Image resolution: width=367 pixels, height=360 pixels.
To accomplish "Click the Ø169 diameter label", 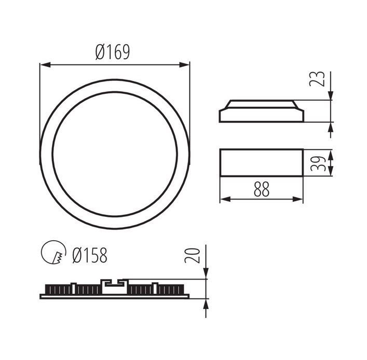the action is point(113,52).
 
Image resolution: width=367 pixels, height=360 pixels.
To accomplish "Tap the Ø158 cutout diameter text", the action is point(90,255).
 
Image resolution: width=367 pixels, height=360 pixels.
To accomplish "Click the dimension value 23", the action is point(317,79).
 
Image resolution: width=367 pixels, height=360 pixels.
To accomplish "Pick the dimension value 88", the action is point(262,189).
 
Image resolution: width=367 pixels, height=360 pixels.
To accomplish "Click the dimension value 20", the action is point(193,255).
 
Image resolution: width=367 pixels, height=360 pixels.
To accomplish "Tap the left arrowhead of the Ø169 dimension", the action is point(45,64).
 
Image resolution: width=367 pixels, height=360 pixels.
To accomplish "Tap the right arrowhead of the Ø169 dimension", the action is point(184,64).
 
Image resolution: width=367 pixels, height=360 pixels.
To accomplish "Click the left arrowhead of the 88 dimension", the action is point(225,199).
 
